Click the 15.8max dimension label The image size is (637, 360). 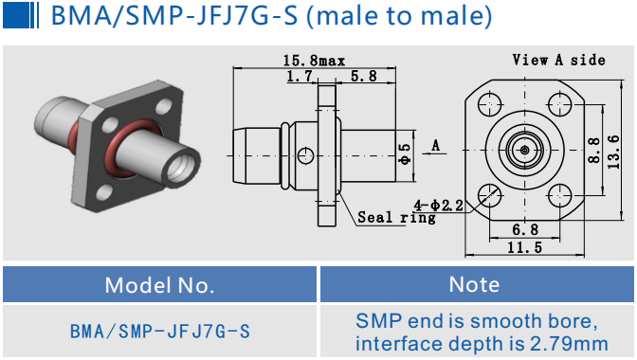[314, 61]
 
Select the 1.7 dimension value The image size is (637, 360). [300, 77]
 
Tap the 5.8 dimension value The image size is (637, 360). [364, 77]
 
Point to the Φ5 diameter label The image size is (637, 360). [406, 154]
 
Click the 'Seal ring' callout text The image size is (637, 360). [396, 218]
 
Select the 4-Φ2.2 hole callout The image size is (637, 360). [439, 206]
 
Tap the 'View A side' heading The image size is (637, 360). [559, 61]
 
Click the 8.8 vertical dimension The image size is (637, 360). [594, 151]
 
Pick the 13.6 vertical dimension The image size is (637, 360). [613, 153]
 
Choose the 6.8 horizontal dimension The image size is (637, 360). [525, 230]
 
